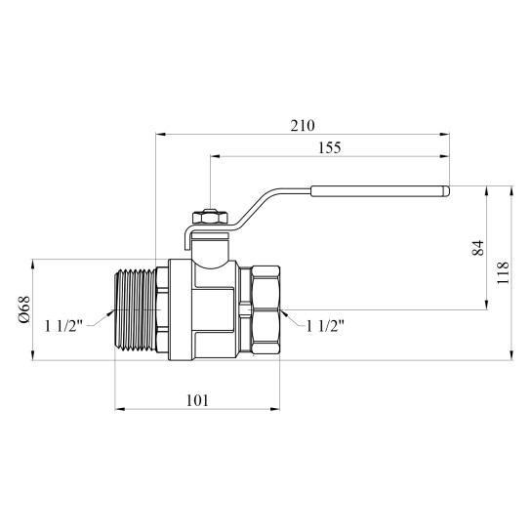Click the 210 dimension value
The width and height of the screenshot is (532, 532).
(x=303, y=126)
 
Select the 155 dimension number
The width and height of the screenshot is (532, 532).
(x=329, y=148)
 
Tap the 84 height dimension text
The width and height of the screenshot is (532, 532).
(x=477, y=247)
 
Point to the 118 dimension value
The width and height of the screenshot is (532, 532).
(x=503, y=272)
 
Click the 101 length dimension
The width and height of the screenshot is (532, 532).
(x=197, y=400)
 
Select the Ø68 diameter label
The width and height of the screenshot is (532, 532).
(x=24, y=309)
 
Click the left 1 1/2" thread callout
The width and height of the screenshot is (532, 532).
(x=64, y=326)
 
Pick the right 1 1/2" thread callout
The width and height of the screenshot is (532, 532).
(x=325, y=326)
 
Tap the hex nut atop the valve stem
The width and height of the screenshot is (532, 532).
(x=210, y=217)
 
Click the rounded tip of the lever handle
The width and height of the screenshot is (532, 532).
(x=447, y=191)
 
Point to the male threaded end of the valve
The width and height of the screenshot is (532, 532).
(x=136, y=309)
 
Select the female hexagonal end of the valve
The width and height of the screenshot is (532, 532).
(x=266, y=309)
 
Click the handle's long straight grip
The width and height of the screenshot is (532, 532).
(x=380, y=191)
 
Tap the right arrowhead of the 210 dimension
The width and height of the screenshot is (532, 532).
(x=444, y=135)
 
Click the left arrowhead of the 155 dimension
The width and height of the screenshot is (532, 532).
(x=216, y=156)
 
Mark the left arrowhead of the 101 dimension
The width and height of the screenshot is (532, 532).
(x=120, y=409)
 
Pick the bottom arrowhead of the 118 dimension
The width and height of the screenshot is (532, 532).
(x=512, y=355)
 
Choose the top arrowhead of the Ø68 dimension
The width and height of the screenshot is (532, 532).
(x=33, y=265)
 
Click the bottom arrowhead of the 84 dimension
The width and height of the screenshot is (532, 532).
(x=487, y=305)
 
